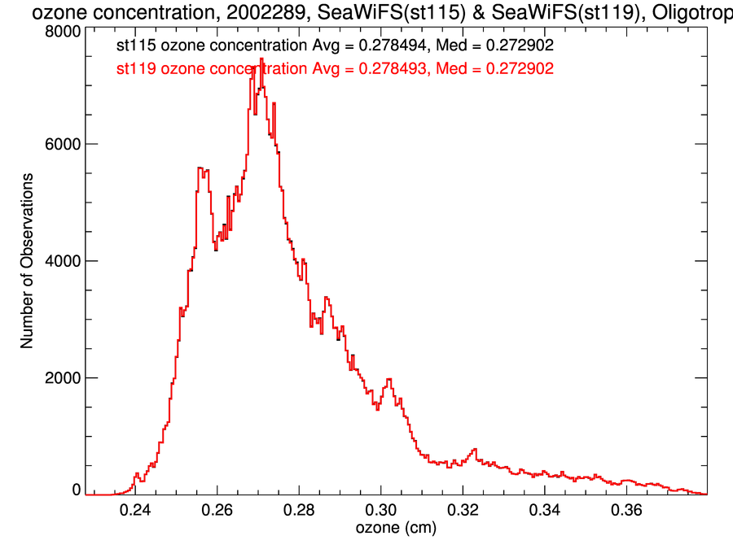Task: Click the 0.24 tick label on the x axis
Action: point(135,510)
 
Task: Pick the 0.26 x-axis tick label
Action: point(217,510)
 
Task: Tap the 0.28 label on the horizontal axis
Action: point(299,510)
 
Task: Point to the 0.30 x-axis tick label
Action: point(381,510)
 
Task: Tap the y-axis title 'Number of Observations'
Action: point(27,261)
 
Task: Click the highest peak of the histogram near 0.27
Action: point(261,59)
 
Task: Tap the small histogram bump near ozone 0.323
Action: point(474,449)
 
